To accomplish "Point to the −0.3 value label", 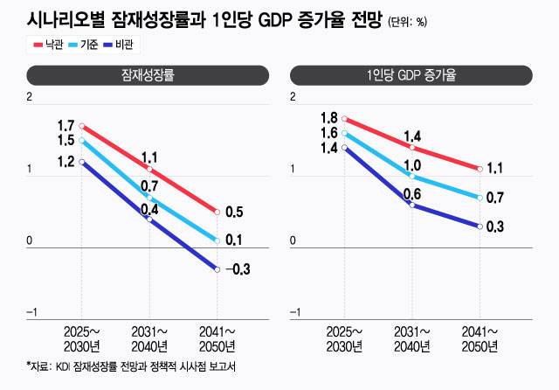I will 238,268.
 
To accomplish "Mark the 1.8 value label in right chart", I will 328,117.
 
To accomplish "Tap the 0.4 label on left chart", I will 148,209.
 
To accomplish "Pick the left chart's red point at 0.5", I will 216,212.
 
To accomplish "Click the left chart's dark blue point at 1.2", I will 83,162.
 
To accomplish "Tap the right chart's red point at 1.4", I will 412,147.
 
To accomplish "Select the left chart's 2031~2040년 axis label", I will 149,338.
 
